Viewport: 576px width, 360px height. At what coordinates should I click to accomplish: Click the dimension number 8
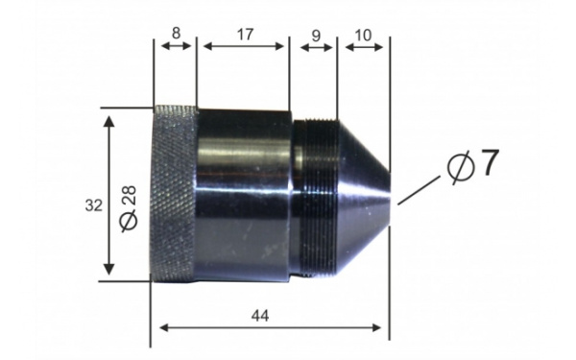[x=177, y=34]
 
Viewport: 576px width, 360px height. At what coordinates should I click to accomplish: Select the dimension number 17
[x=245, y=35]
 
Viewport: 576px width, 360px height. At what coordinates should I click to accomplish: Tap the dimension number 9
[x=316, y=36]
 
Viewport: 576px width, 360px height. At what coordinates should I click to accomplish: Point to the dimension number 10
[x=364, y=36]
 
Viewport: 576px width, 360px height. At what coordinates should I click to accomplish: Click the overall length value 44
[x=260, y=316]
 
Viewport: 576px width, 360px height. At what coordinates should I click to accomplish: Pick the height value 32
[x=94, y=205]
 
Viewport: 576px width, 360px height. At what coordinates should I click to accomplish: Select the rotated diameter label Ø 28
[x=129, y=209]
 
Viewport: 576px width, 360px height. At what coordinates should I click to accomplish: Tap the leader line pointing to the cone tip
[x=419, y=190]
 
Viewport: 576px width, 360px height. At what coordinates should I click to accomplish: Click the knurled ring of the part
[x=174, y=194]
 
